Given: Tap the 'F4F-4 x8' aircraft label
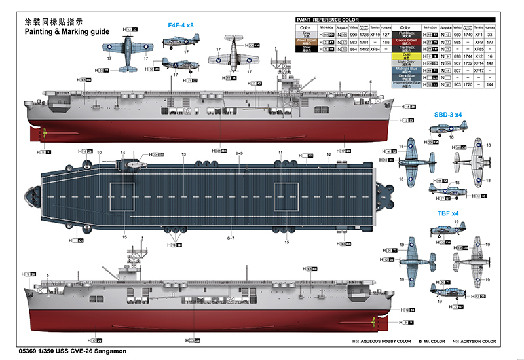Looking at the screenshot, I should click(x=181, y=25).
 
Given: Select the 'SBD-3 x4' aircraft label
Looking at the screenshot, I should click(x=448, y=114).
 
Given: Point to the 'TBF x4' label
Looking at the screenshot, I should click(x=448, y=213).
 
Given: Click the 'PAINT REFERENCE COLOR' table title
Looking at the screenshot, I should click(x=337, y=20).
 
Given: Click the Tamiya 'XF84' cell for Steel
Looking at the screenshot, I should click(x=375, y=49).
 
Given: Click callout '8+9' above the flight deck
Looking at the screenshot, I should click(x=239, y=154).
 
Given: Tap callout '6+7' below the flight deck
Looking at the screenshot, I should click(x=231, y=238).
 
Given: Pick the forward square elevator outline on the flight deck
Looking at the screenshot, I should click(x=121, y=197).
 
